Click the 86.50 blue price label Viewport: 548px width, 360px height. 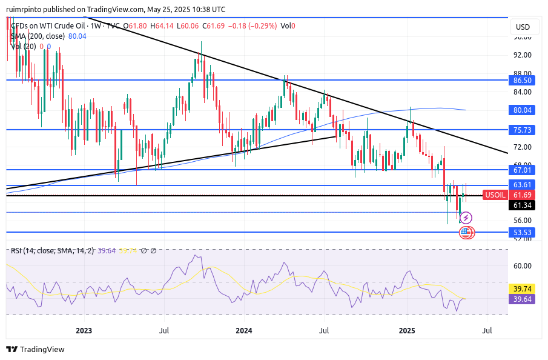pyautogui.click(x=522, y=80)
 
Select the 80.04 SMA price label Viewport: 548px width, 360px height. pyautogui.click(x=522, y=110)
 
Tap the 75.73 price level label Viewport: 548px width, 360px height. pyautogui.click(x=522, y=130)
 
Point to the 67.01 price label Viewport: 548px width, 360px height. pyautogui.click(x=522, y=170)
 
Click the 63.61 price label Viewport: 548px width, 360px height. pyautogui.click(x=522, y=185)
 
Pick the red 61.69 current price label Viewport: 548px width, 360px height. pyautogui.click(x=522, y=195)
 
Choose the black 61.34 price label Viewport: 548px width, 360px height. pyautogui.click(x=522, y=205)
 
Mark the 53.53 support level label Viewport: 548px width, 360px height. pyautogui.click(x=522, y=232)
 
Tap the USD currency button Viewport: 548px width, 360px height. pyautogui.click(x=522, y=27)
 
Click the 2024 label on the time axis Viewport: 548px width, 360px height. pyautogui.click(x=244, y=331)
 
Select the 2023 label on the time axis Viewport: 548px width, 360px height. pyautogui.click(x=84, y=331)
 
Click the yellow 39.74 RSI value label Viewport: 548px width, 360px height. pyautogui.click(x=522, y=289)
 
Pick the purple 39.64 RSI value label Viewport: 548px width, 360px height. pyautogui.click(x=522, y=299)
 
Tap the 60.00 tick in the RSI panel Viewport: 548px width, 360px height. pyautogui.click(x=522, y=265)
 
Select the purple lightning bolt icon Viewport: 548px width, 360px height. pyautogui.click(x=466, y=218)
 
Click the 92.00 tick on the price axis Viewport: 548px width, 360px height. pyautogui.click(x=522, y=55)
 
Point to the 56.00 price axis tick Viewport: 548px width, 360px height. pyautogui.click(x=522, y=221)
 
